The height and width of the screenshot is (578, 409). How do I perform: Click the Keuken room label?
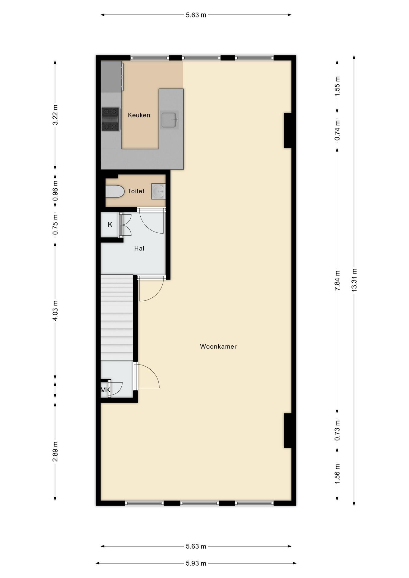click(x=139, y=115)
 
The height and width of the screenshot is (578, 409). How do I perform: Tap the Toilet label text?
click(x=136, y=191)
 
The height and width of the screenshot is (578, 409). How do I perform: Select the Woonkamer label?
click(x=218, y=346)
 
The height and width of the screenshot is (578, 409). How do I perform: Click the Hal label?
click(x=139, y=248)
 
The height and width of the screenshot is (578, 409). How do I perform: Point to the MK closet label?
click(x=105, y=390)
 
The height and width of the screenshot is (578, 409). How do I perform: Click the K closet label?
click(x=110, y=224)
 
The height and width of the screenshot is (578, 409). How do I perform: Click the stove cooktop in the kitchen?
click(x=111, y=119)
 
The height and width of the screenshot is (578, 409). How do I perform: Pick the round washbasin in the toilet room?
click(x=158, y=191)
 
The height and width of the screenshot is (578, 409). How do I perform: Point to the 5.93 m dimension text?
click(x=196, y=563)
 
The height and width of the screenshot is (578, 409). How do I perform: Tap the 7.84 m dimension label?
click(x=337, y=280)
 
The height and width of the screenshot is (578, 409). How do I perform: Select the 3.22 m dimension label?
click(x=55, y=115)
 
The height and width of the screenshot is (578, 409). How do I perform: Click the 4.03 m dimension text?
click(x=55, y=310)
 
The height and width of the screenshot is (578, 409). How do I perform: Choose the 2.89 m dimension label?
click(x=55, y=451)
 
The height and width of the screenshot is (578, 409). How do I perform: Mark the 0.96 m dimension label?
click(x=55, y=191)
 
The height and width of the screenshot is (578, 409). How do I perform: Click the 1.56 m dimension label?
click(x=337, y=474)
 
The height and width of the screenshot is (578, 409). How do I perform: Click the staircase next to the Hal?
click(x=117, y=318)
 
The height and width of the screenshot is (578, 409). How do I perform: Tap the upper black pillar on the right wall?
click(x=288, y=130)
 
